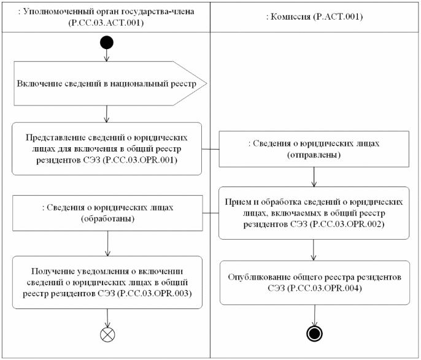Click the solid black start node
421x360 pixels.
[107, 43]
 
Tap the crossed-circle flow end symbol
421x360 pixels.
[107, 334]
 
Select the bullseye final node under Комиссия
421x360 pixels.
[314, 334]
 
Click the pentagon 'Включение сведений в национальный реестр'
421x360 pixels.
[110, 83]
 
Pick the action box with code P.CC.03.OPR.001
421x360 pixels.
[107, 149]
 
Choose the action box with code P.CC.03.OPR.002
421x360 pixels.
[314, 213]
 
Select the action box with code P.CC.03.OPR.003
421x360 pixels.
[107, 283]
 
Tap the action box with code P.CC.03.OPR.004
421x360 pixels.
[315, 283]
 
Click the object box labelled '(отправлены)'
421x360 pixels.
[314, 149]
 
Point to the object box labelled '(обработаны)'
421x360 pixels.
[107, 213]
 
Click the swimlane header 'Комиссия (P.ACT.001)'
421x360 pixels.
[314, 17]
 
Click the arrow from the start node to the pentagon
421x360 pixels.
[107, 56]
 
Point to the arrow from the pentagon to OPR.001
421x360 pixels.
[107, 114]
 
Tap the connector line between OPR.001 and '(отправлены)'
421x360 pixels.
[210, 149]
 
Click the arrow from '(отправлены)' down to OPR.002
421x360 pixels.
[314, 177]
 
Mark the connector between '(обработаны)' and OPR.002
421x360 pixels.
[210, 213]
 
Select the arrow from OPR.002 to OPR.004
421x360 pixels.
[314, 250]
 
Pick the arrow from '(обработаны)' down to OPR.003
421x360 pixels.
[107, 243]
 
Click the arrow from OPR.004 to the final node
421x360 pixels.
[314, 315]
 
